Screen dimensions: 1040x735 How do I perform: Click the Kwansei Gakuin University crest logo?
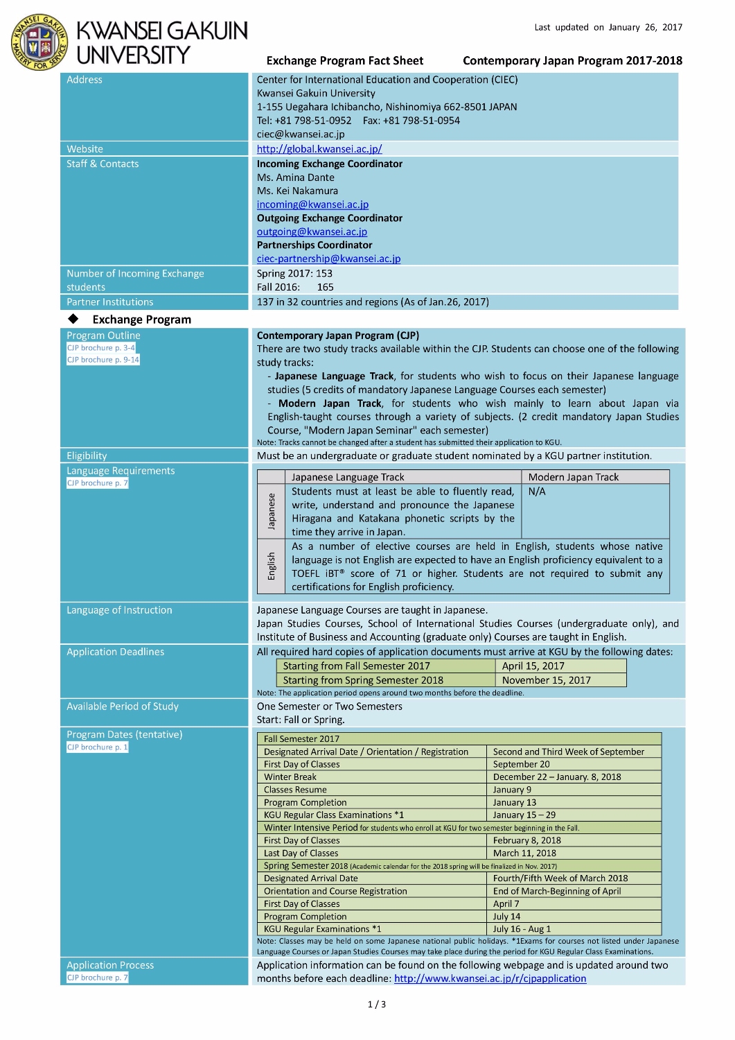tap(39, 42)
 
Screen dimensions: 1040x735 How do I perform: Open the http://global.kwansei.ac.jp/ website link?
tap(319, 149)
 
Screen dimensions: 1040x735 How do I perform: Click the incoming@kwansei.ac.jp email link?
tap(312, 205)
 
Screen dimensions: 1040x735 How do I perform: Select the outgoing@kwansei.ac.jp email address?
tap(312, 232)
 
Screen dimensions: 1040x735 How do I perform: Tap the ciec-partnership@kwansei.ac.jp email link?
tap(328, 259)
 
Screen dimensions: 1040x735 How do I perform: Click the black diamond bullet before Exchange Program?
tap(73, 319)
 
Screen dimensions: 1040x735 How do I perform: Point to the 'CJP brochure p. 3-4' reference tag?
tap(101, 348)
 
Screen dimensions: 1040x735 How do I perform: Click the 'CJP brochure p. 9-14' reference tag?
tap(103, 360)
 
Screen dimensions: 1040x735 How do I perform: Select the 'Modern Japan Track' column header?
tap(573, 477)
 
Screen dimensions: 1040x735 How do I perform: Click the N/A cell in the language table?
tap(537, 492)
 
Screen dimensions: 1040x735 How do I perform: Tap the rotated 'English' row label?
tap(271, 566)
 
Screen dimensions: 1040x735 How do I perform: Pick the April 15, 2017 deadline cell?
tap(533, 666)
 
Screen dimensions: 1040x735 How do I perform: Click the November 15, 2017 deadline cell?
tap(546, 680)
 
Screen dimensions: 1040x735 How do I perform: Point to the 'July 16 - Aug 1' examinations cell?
tap(522, 929)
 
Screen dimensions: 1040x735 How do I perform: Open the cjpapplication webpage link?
tap(490, 978)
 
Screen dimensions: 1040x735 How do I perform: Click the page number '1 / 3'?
tap(376, 1004)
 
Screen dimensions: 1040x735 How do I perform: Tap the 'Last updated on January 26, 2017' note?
tap(608, 28)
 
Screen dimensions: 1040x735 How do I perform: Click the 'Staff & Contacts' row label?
tap(103, 164)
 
